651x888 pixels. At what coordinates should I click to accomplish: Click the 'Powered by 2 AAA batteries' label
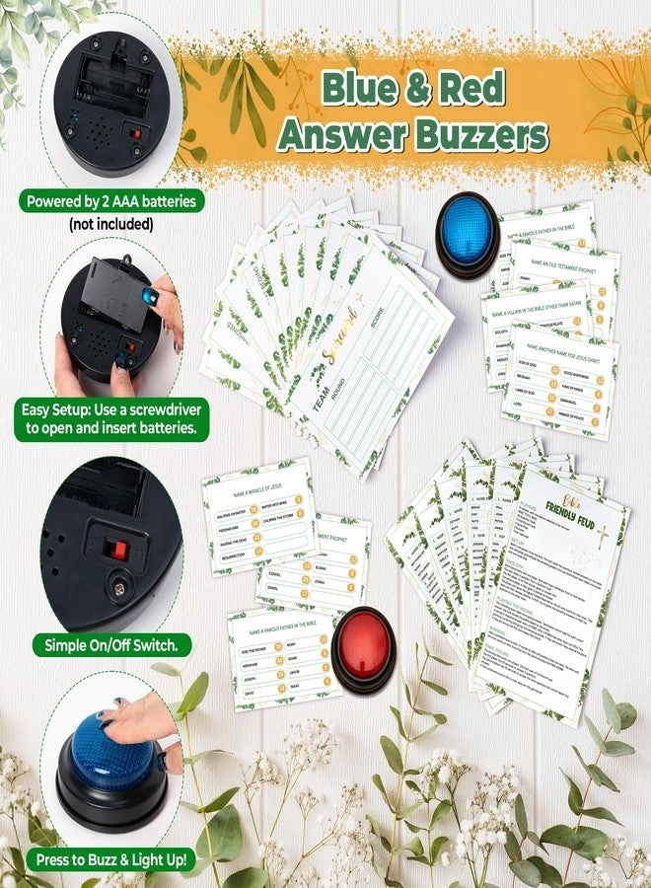tap(110, 201)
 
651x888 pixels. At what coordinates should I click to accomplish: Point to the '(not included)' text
tap(110, 224)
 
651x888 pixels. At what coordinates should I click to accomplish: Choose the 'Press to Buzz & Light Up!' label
tap(110, 858)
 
